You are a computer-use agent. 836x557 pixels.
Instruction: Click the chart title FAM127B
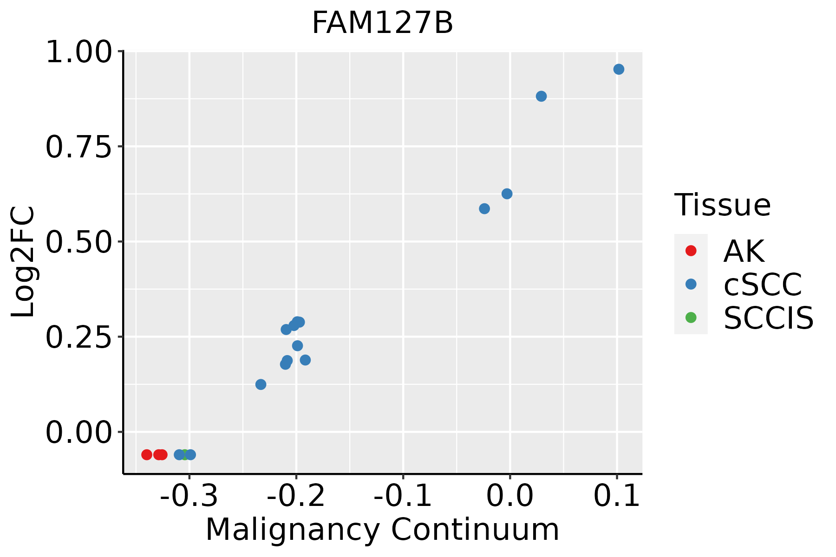click(382, 23)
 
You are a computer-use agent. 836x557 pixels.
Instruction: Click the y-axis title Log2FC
click(23, 262)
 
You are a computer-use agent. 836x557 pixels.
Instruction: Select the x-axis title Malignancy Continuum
click(382, 530)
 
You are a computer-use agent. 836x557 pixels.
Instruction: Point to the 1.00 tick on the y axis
click(79, 52)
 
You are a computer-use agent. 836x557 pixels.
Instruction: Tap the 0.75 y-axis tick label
click(79, 147)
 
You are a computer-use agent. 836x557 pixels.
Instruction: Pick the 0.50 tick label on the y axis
click(79, 242)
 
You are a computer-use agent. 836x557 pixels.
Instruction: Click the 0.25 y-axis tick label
click(79, 337)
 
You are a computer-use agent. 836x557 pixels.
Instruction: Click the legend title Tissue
click(722, 205)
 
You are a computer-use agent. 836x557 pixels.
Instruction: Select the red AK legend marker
click(691, 251)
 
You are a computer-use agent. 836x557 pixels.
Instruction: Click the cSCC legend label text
click(763, 284)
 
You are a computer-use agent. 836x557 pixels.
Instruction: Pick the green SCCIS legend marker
click(691, 317)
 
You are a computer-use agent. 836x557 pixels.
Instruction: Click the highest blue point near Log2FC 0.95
click(619, 69)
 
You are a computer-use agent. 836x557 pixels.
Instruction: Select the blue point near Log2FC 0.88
click(541, 96)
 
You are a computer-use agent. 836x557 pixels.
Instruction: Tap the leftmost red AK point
click(147, 454)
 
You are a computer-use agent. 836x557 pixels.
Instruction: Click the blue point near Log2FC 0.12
click(261, 384)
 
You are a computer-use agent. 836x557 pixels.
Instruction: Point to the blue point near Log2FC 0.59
click(484, 208)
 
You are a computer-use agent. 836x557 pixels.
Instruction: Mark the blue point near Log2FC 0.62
click(507, 194)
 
